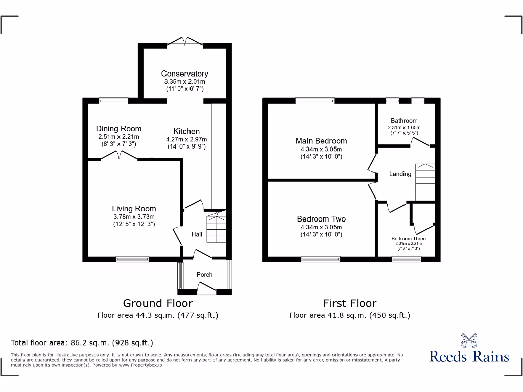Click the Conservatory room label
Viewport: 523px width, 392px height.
[185, 73]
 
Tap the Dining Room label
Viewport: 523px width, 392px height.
[118, 129]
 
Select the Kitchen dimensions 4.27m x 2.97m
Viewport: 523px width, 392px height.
[186, 139]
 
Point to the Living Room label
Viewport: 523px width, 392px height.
[134, 208]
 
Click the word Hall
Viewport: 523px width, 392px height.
[197, 235]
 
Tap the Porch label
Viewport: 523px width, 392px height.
[204, 275]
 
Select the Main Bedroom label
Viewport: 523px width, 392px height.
[321, 141]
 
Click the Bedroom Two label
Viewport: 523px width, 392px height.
[321, 219]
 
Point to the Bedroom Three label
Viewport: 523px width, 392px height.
[409, 239]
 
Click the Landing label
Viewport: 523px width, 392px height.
[400, 174]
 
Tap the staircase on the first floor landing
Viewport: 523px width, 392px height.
[425, 182]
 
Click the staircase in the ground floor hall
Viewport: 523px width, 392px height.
[216, 229]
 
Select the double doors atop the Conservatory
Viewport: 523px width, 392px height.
[184, 41]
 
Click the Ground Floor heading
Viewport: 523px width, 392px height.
[158, 303]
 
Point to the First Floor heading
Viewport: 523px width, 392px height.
[349, 303]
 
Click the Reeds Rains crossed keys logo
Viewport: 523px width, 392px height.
[469, 340]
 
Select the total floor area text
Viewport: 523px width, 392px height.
[82, 342]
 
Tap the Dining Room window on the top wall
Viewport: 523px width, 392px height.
[113, 101]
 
